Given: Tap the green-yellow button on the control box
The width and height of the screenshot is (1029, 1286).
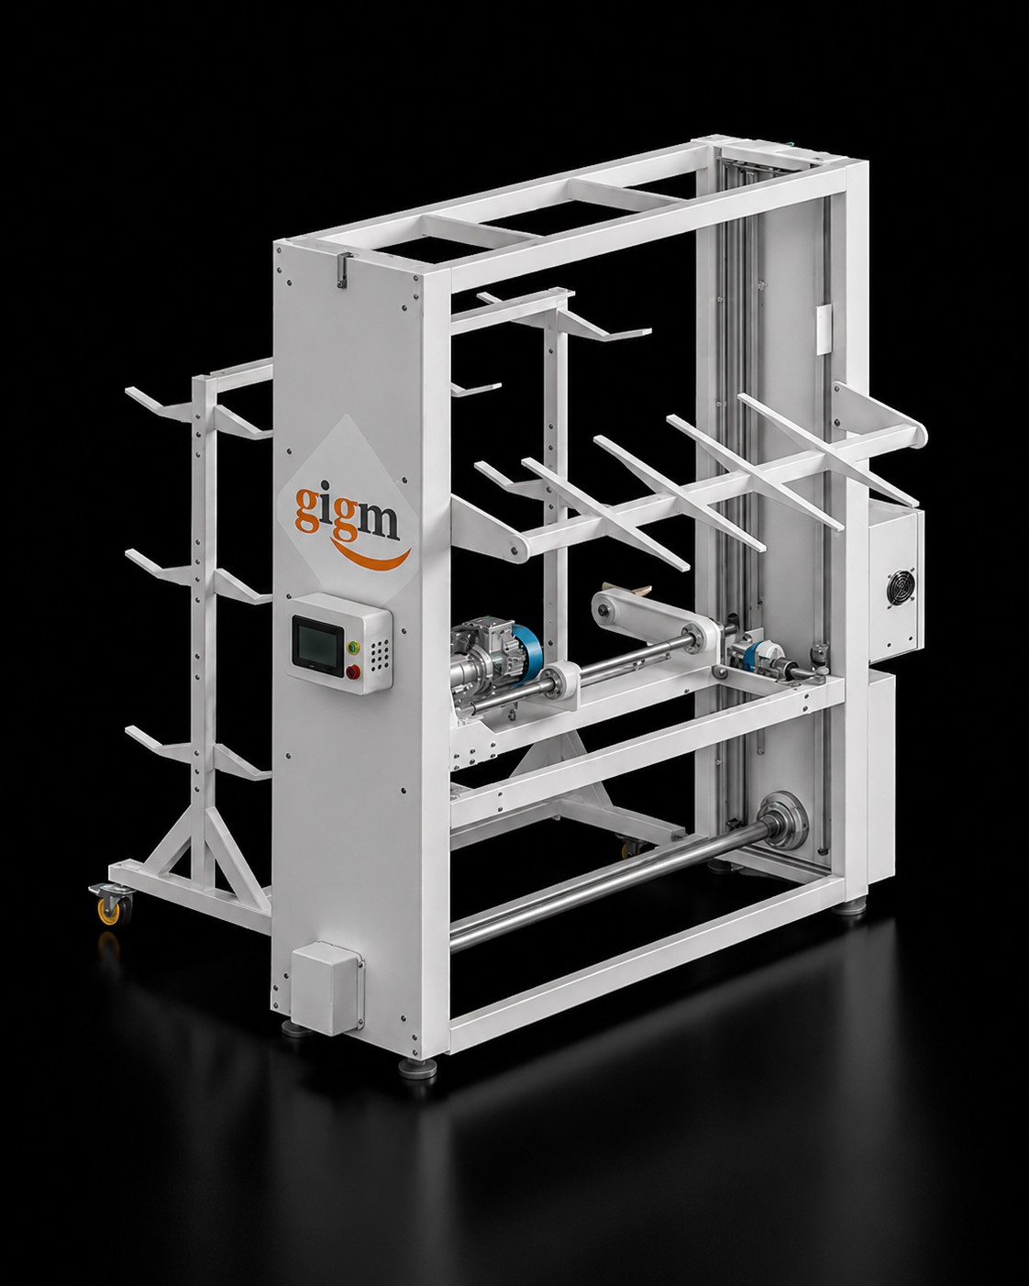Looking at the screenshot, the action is [352, 646].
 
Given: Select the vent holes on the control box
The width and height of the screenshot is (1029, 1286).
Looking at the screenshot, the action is [379, 654].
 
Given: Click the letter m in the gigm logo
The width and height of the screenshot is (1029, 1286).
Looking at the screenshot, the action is [378, 522].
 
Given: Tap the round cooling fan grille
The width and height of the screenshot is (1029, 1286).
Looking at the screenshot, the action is [901, 588].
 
